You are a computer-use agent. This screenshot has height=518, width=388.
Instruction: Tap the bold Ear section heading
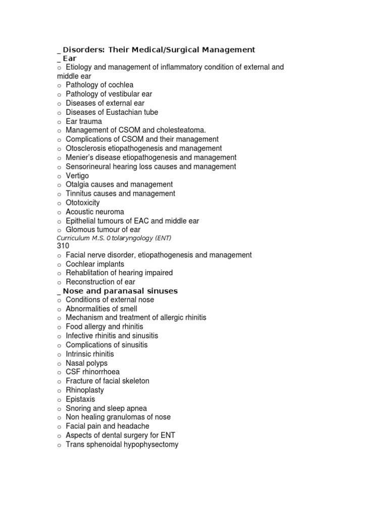click(x=70, y=58)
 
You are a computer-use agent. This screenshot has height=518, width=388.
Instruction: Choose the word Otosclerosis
click(x=88, y=148)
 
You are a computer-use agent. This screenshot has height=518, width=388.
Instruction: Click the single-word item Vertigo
click(x=77, y=176)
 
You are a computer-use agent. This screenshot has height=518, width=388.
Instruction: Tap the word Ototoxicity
click(x=83, y=203)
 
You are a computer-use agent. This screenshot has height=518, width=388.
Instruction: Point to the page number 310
click(x=63, y=245)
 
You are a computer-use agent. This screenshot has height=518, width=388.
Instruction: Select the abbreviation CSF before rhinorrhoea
click(x=74, y=372)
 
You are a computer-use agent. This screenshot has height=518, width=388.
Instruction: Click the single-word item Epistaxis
click(x=80, y=399)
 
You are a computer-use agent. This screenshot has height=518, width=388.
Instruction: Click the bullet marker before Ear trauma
click(x=59, y=122)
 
